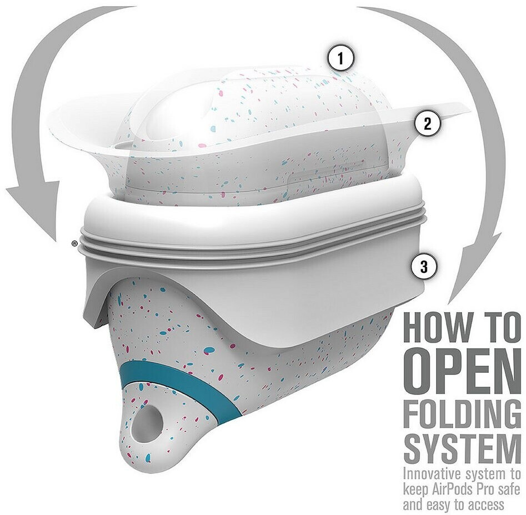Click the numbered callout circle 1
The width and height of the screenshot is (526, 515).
(340, 59)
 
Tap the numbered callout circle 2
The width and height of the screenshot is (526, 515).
(427, 123)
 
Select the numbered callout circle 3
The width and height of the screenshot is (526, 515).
(424, 267)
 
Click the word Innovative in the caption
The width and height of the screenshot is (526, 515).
(433, 474)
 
